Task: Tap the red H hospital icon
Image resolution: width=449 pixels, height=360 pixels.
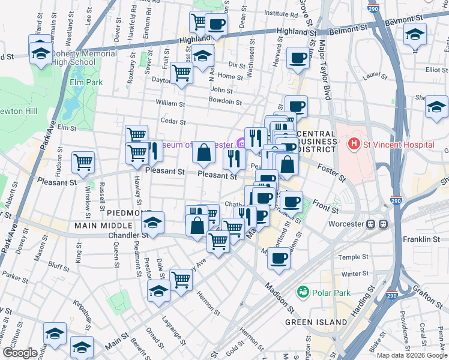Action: click(x=354, y=145)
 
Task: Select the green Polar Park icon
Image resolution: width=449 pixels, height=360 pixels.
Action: click(x=303, y=292)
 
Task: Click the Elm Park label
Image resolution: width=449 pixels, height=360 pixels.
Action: click(x=86, y=82)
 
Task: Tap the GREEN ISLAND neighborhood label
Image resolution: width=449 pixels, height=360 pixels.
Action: click(x=316, y=322)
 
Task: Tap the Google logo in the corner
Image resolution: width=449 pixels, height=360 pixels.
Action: click(x=20, y=353)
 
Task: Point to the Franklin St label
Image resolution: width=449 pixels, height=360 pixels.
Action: click(x=421, y=239)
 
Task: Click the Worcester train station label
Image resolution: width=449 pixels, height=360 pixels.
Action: click(x=348, y=224)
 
